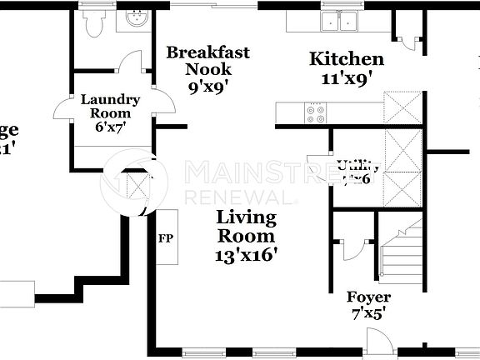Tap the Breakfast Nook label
pos(207,61)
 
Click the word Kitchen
pos(347,59)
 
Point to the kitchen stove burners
pos(317,112)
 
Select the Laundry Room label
pos(110,106)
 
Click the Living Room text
pos(247,227)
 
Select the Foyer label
pos(369,297)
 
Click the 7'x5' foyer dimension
pos(369,314)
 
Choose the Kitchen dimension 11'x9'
pos(347,78)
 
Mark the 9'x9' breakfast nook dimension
pos(207,87)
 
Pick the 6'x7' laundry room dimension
pos(110,127)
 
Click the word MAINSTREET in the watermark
pos(251,173)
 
